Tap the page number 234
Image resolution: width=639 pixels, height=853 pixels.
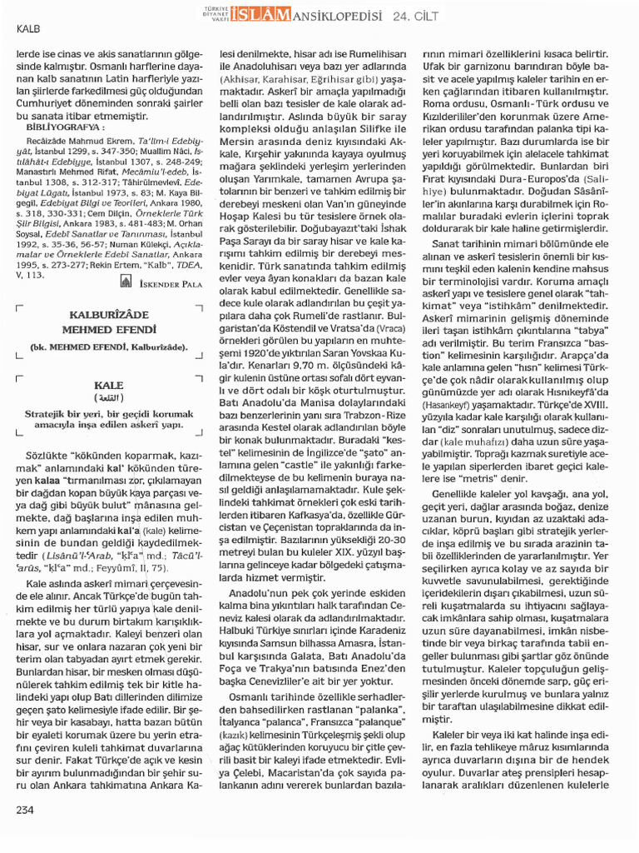[26, 807]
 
